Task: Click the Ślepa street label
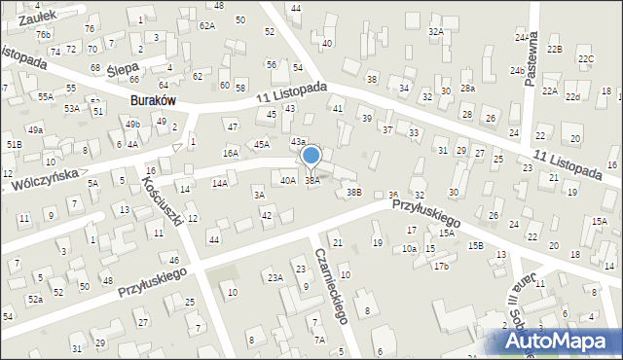[x=122, y=70]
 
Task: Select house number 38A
[x=312, y=181]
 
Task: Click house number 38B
[x=354, y=193]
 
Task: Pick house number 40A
[x=288, y=180]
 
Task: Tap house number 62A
[x=207, y=25]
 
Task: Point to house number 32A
[x=435, y=31]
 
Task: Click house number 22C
[x=586, y=59]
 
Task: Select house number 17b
[x=441, y=266]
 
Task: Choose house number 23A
[x=275, y=278]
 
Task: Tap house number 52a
[x=35, y=299]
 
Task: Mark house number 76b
[x=43, y=34]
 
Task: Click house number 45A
[x=261, y=144]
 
